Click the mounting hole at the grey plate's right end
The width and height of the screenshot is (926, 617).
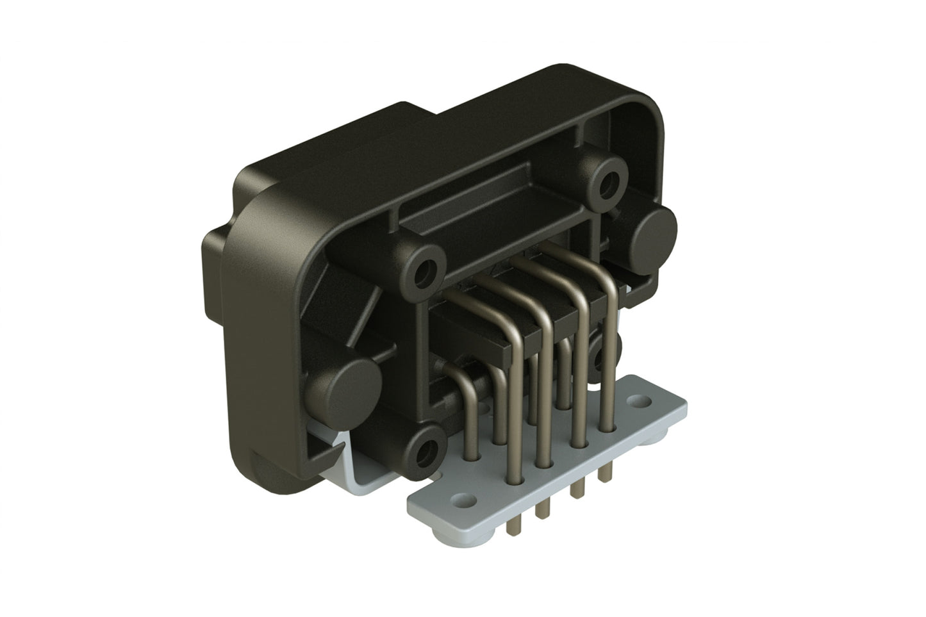point(639,402)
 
